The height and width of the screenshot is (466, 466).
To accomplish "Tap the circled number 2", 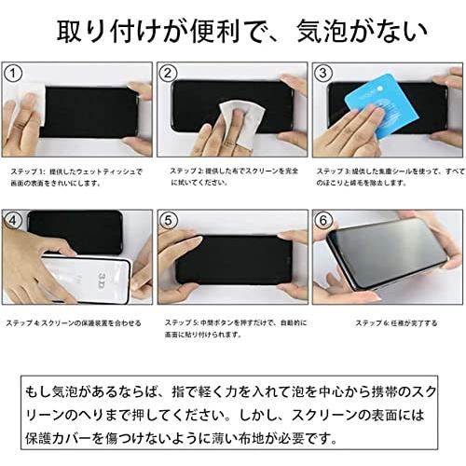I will (x=169, y=74).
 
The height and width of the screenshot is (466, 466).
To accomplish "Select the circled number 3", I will (x=322, y=74).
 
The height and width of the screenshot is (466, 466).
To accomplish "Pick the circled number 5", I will (x=169, y=221).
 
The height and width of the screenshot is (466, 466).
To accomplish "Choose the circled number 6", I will (x=322, y=221).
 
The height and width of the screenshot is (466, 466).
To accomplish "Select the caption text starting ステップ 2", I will (x=233, y=177).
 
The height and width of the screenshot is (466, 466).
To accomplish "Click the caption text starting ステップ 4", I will (x=74, y=323).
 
